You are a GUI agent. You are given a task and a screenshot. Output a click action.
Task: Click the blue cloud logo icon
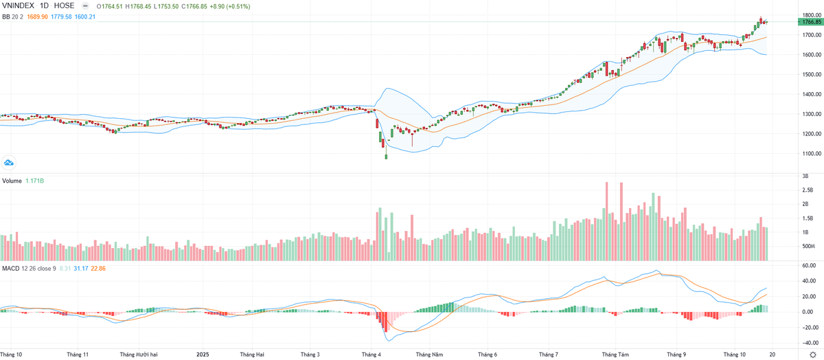[10, 163]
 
